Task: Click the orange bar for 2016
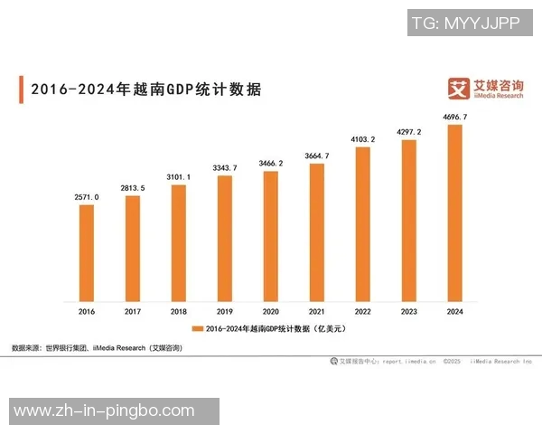87,252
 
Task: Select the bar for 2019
225,238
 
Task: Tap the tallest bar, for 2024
455,212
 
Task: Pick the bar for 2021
317,231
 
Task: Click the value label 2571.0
87,196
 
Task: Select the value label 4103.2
363,139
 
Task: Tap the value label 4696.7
455,118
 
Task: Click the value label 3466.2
271,163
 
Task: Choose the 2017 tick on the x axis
133,311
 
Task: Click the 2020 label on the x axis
271,311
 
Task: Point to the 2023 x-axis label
409,311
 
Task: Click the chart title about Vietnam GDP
145,90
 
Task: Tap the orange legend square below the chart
199,329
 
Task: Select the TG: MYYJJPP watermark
465,24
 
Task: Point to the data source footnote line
97,348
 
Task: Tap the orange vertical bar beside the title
21,90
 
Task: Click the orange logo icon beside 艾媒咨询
460,89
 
